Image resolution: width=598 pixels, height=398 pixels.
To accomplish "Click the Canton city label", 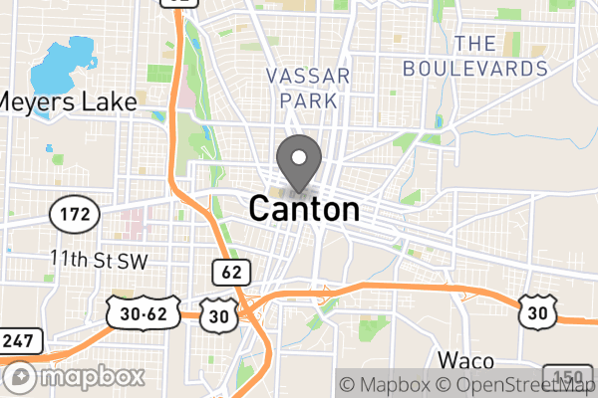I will pyautogui.click(x=303, y=209).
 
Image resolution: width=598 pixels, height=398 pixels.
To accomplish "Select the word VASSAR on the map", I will pyautogui.click(x=308, y=77).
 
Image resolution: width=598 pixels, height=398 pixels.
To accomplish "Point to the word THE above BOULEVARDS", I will pyautogui.click(x=475, y=43).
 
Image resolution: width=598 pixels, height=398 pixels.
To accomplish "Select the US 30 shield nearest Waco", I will pyautogui.click(x=536, y=312).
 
